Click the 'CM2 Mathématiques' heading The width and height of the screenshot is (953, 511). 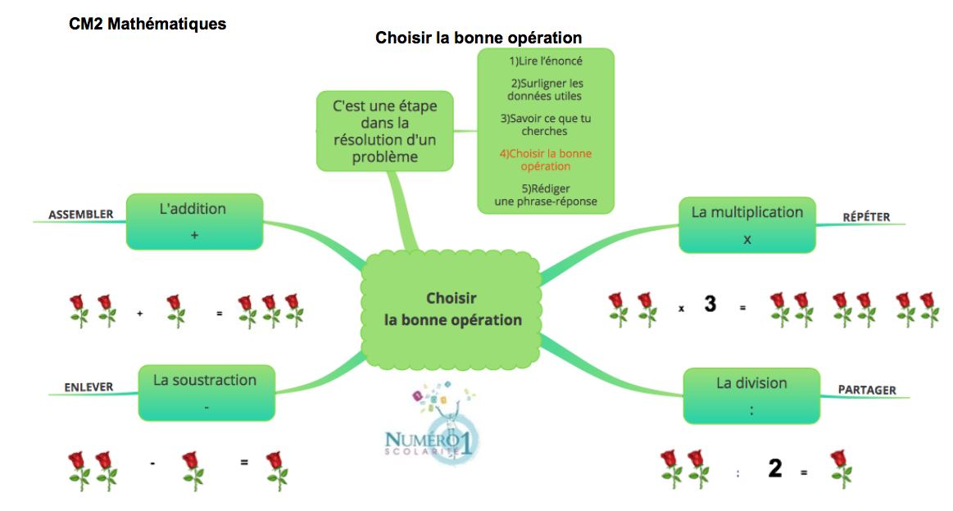147,25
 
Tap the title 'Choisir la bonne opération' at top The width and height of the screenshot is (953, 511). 479,38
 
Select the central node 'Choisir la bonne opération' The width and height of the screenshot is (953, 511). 452,310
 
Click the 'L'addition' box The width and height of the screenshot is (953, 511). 193,221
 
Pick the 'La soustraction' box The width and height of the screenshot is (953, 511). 205,391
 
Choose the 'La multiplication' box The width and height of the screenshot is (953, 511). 747,224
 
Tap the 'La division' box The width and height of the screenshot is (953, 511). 751,396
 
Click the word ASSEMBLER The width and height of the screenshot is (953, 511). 80,215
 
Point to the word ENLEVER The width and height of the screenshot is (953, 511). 88,387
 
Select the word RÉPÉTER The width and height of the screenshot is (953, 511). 866,217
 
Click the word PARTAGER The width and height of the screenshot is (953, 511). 866,390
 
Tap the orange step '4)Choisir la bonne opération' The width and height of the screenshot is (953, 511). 546,160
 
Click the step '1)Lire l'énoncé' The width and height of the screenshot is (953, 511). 546,61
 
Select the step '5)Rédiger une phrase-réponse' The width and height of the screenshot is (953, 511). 546,195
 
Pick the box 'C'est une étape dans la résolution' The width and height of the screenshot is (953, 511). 384,131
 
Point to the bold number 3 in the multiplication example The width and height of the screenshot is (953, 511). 710,305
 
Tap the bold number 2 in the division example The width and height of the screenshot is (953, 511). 774,469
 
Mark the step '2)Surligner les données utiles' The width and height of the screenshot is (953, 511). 546,89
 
